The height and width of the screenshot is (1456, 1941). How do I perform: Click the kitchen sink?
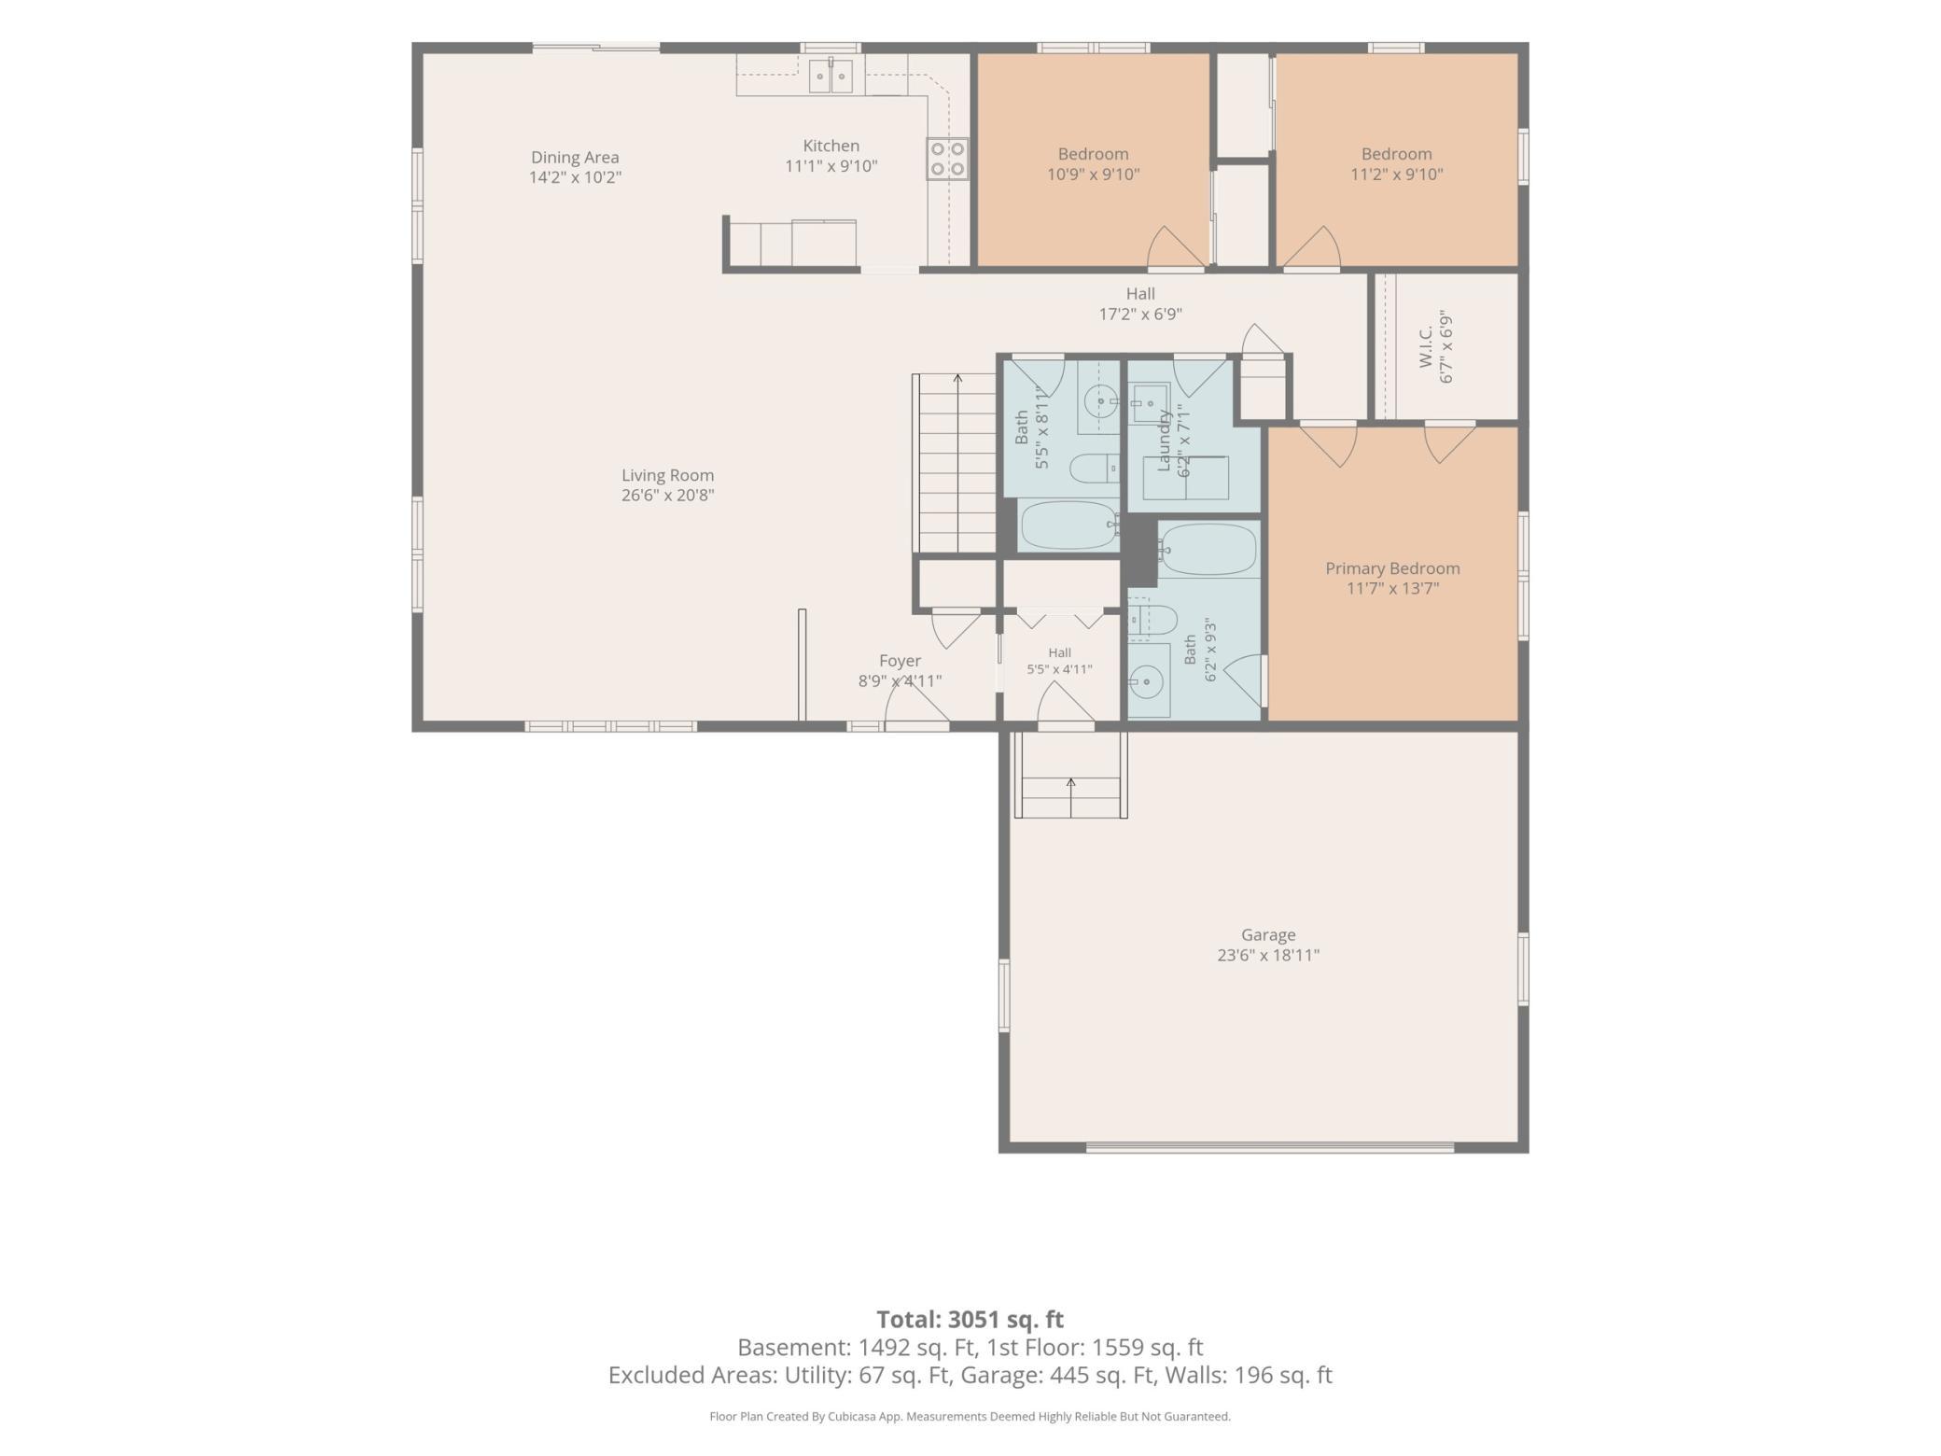click(x=831, y=75)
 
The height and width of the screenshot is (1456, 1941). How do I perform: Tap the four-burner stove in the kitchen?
click(x=947, y=159)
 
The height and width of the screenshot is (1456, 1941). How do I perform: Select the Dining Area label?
click(x=575, y=158)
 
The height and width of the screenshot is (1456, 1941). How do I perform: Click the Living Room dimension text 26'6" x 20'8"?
click(x=668, y=496)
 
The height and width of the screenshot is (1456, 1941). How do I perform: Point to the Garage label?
click(x=1268, y=934)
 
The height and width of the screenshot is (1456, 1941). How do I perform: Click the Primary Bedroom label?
click(x=1392, y=568)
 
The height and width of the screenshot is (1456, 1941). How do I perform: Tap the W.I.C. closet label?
click(x=1426, y=347)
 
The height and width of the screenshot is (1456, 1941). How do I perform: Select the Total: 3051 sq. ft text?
click(x=970, y=1319)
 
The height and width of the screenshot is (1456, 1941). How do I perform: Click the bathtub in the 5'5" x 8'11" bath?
click(x=1069, y=525)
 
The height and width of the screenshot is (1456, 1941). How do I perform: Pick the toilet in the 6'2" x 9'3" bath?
click(x=1153, y=620)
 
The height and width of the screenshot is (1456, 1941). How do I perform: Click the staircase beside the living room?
click(x=955, y=463)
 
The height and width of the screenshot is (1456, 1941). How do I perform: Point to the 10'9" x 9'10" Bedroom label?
click(x=1093, y=154)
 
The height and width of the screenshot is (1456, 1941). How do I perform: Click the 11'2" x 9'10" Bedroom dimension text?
click(x=1397, y=175)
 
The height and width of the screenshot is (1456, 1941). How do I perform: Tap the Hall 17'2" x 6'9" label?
click(x=1140, y=304)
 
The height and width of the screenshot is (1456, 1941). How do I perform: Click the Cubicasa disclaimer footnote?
click(x=970, y=1416)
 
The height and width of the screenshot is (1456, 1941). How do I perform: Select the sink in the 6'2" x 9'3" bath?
click(x=1149, y=682)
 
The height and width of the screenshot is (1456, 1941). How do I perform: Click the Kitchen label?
click(x=831, y=146)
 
